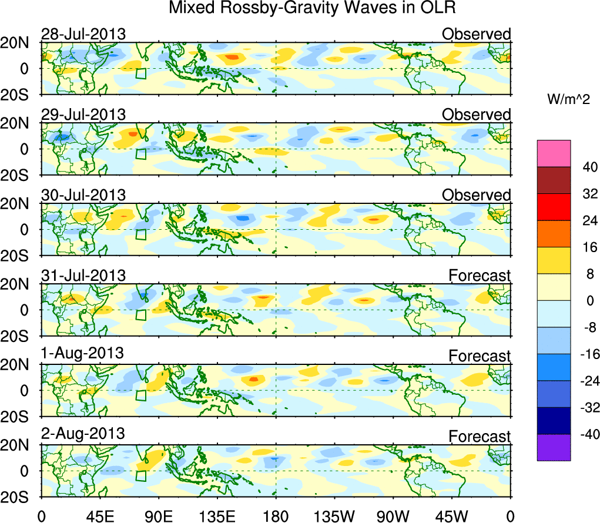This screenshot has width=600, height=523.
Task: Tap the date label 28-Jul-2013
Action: tap(83, 34)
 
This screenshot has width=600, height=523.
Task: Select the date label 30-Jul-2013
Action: tap(83, 195)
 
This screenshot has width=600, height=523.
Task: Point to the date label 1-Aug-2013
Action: tap(82, 353)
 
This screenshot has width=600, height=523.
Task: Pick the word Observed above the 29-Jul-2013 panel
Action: tap(477, 115)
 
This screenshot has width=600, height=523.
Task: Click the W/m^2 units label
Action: tap(568, 100)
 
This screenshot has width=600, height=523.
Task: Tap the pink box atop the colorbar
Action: tap(554, 153)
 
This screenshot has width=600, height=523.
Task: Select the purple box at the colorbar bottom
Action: tap(554, 447)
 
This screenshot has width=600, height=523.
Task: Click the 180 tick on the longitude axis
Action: tap(276, 515)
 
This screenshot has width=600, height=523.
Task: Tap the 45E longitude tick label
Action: tap(98, 515)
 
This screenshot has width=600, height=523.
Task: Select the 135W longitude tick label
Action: tap(334, 515)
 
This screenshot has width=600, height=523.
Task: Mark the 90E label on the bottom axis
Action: tap(157, 515)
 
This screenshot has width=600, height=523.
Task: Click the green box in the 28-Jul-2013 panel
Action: tap(140, 73)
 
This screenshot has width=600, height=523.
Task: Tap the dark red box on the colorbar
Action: tap(554, 180)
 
